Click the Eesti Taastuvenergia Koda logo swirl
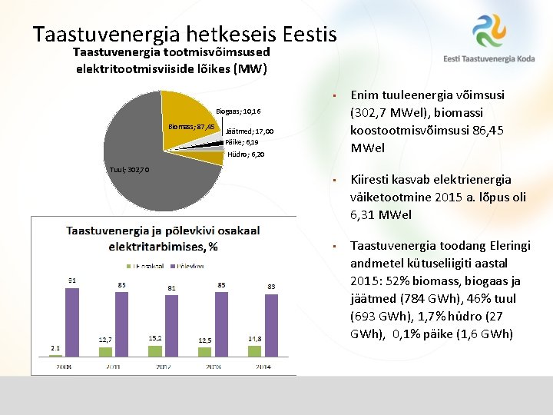[489, 31]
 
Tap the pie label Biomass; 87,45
[191, 126]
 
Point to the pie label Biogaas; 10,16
[238, 111]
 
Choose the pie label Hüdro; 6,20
[246, 154]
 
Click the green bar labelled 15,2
[155, 350]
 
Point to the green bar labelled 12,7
[106, 352]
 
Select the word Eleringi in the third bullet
[505, 245]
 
